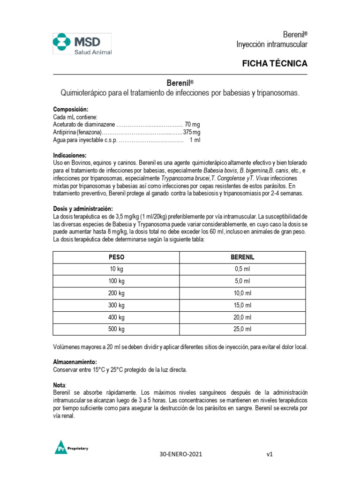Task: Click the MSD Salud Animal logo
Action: [82, 44]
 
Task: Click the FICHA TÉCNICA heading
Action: [274, 63]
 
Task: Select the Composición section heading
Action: [70, 109]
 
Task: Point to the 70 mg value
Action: [192, 124]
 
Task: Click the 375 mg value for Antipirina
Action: [191, 132]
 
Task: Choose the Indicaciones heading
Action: [69, 155]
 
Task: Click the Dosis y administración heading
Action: [82, 209]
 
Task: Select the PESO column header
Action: [116, 257]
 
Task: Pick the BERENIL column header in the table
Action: [242, 257]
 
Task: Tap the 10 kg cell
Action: [116, 269]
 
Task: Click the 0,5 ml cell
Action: [242, 269]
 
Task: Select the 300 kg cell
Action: [116, 305]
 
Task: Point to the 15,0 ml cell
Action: [242, 305]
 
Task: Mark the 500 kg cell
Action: [116, 329]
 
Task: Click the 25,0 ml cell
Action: [242, 329]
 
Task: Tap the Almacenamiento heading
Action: [75, 362]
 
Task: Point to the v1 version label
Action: [270, 454]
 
